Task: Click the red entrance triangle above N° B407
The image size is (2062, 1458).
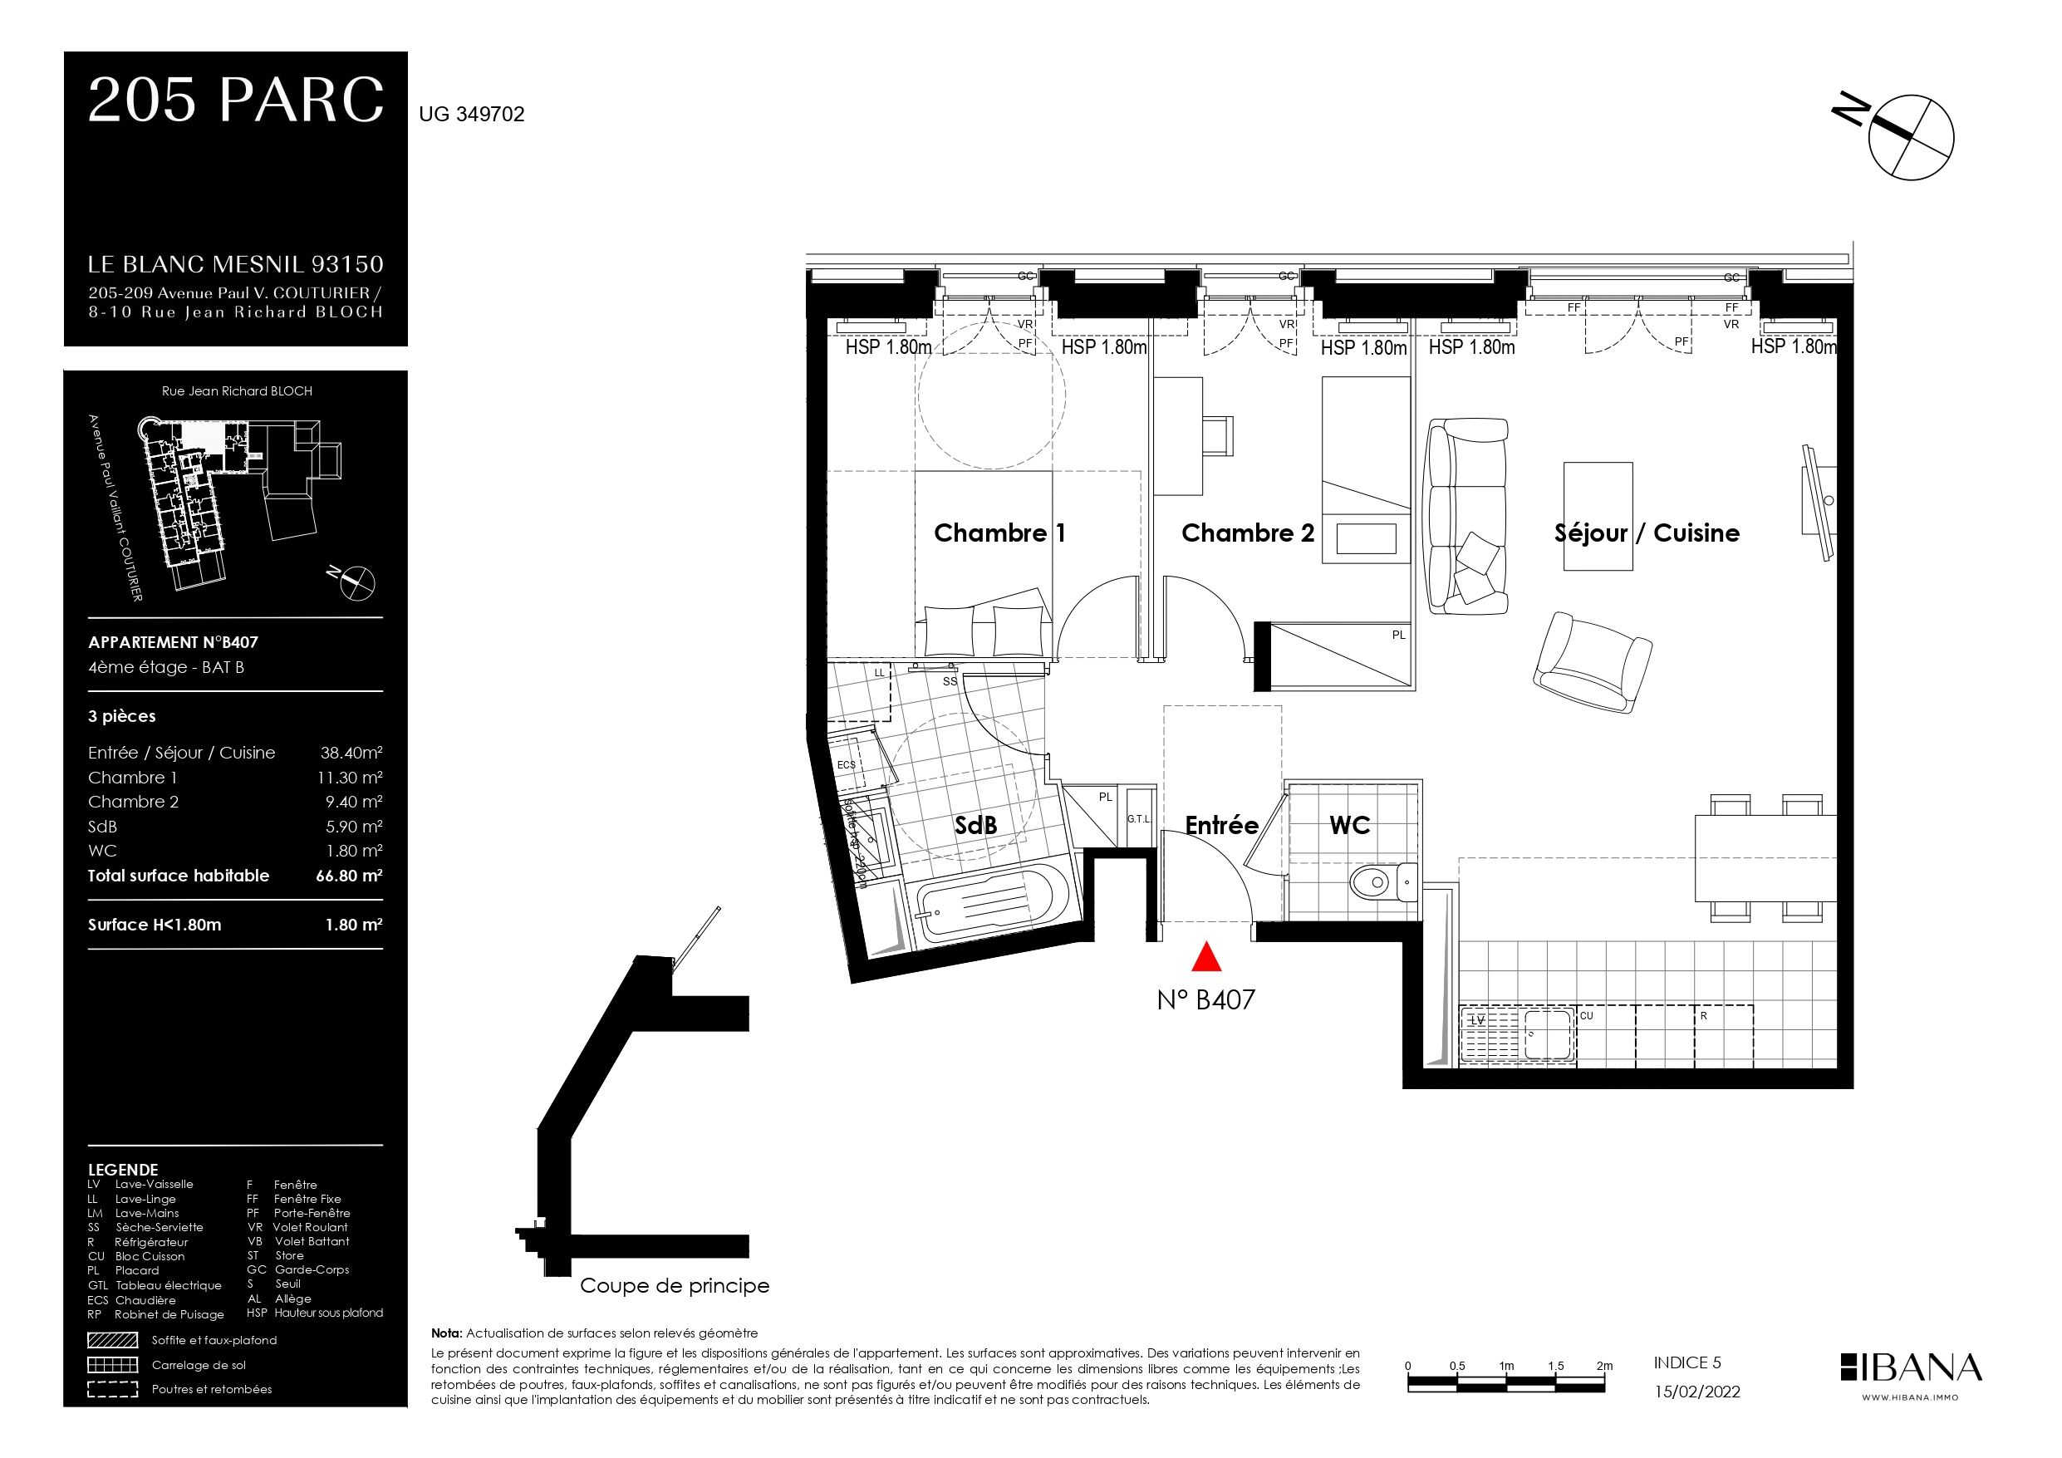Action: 1205,958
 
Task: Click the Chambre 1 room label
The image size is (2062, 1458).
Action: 999,533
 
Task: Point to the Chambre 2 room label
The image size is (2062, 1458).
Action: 1248,533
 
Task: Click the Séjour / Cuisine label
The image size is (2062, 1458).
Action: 1646,533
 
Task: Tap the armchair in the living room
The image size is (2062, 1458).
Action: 1593,663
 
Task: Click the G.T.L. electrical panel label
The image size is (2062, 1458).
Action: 1139,818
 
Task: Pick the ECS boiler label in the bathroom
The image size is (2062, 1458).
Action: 846,764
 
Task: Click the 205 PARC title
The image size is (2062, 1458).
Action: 235,101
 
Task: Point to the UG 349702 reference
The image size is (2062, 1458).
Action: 472,114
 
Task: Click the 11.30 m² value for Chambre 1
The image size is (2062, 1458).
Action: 350,777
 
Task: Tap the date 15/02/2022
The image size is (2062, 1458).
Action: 1696,1392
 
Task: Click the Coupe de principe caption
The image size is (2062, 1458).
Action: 675,1285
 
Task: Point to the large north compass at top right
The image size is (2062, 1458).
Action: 1910,136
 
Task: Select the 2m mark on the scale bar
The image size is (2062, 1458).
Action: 1604,1366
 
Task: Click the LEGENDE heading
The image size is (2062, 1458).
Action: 123,1170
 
